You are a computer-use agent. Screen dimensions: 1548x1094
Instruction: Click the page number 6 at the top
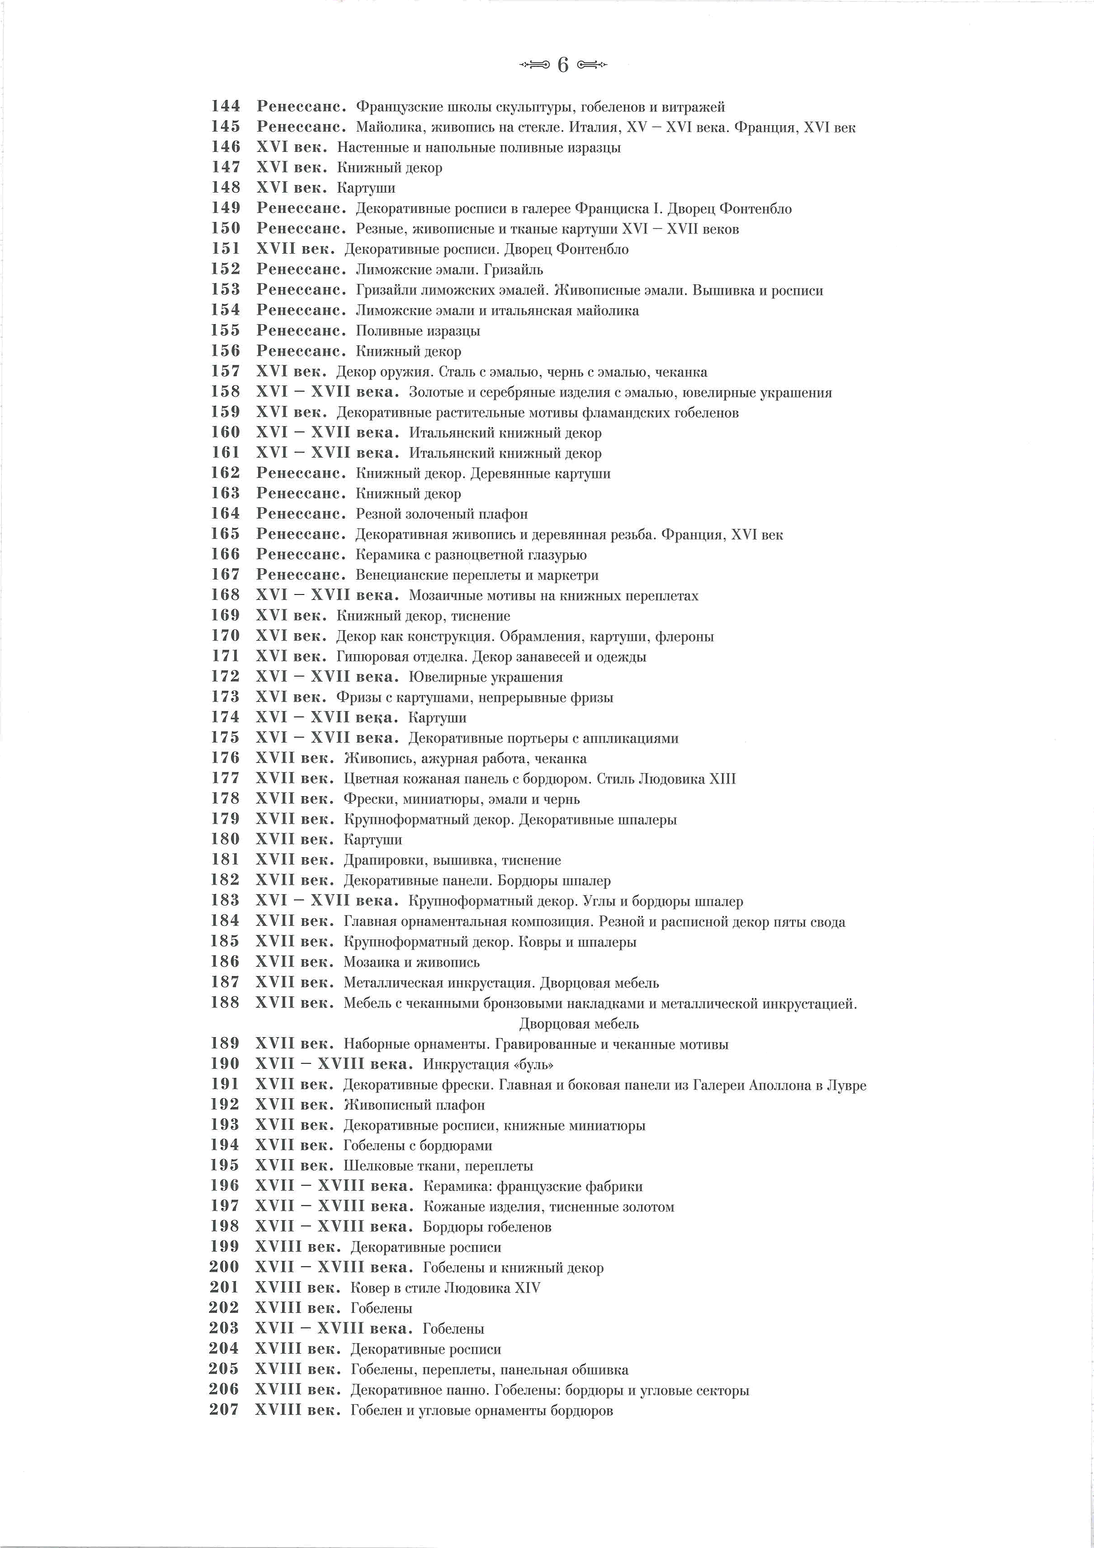(563, 66)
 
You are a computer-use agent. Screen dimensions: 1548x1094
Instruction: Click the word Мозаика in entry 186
(368, 962)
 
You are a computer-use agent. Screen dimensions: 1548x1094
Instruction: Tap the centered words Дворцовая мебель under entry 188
(578, 1024)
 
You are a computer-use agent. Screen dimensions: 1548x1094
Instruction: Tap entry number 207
(225, 1410)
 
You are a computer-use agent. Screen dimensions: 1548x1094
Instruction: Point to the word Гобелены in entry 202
(382, 1308)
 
